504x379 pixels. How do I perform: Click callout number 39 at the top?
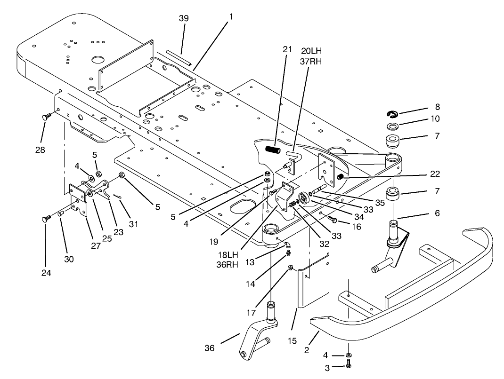(x=184, y=18)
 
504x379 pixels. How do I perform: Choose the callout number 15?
(x=293, y=340)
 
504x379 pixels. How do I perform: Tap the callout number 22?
(x=435, y=174)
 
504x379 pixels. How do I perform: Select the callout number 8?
(x=438, y=107)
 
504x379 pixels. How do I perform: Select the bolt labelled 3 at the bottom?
(x=348, y=363)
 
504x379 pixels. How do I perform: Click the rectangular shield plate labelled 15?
(x=313, y=282)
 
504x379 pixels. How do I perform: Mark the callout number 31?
(x=134, y=224)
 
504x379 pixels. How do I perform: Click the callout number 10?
(x=435, y=119)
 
